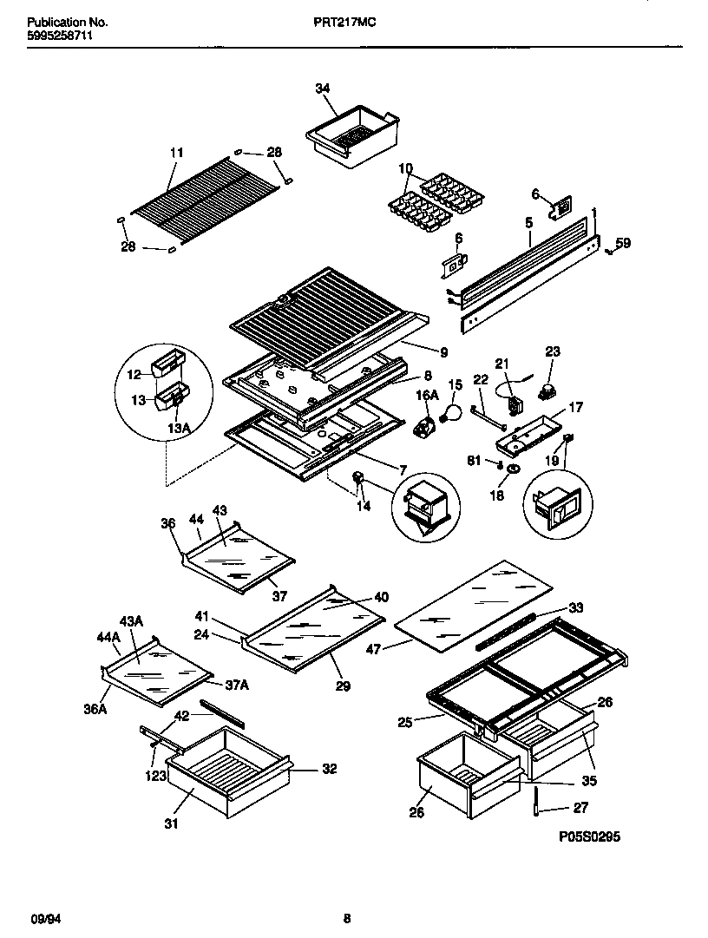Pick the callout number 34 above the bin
point(323,89)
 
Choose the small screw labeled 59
point(610,251)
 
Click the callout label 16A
point(426,397)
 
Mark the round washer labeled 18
point(514,469)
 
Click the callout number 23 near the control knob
point(553,351)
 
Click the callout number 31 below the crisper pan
point(171,823)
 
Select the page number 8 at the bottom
point(347,918)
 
